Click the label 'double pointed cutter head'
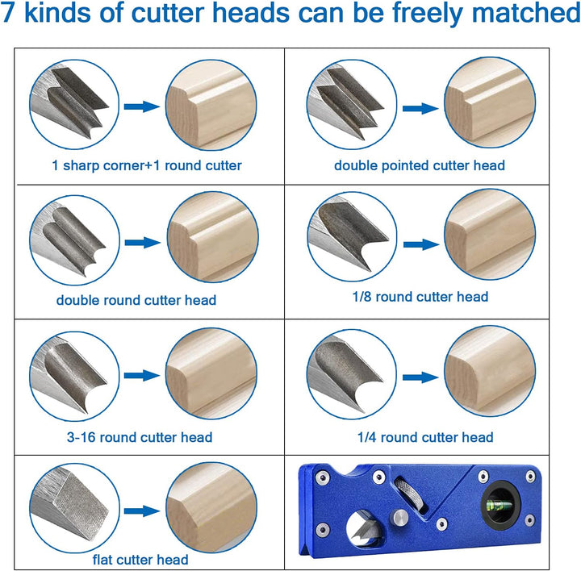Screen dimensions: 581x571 click(x=420, y=165)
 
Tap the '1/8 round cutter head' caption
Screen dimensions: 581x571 click(x=420, y=297)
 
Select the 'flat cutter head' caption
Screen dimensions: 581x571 click(x=140, y=559)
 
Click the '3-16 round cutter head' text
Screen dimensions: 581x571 click(x=140, y=437)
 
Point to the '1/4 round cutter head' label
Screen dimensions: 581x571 click(x=425, y=437)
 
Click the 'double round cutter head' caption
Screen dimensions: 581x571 click(x=136, y=300)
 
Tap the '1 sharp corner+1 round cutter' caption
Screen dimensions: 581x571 click(x=147, y=165)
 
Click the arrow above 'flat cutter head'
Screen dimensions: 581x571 click(x=142, y=511)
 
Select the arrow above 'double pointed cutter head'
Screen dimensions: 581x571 click(x=420, y=109)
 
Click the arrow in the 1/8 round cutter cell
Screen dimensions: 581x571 click(x=421, y=244)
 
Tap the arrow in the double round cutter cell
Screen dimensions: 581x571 click(x=143, y=243)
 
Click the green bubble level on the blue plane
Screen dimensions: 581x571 click(x=497, y=504)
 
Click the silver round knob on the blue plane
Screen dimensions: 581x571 click(x=401, y=517)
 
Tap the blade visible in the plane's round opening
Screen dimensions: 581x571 click(x=362, y=532)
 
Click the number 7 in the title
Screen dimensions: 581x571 click(x=7, y=12)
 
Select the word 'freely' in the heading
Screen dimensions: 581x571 click(x=429, y=14)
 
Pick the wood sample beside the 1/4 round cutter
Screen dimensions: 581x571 click(x=490, y=372)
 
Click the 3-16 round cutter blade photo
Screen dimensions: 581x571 click(x=74, y=376)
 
